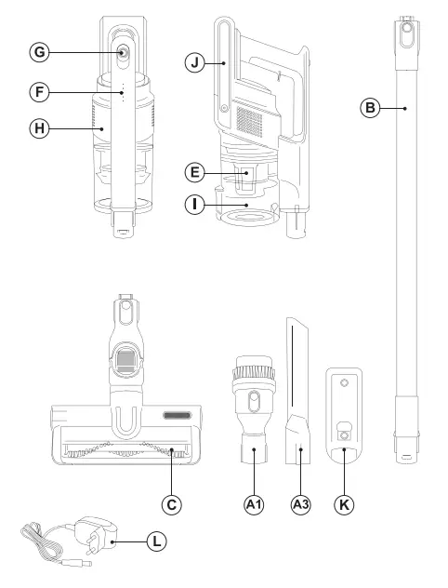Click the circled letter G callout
39,53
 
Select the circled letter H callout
39,129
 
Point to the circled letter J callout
193,62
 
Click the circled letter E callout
193,172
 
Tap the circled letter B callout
370,109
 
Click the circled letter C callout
170,504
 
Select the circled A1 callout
255,504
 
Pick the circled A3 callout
300,504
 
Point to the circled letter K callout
345,504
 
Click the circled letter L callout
159,539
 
